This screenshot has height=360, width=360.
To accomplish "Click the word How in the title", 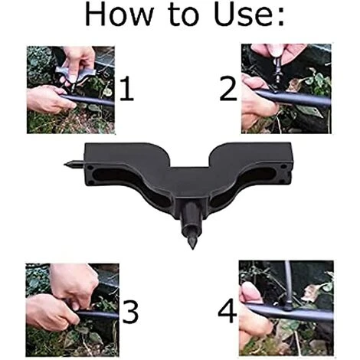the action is (x=119, y=15).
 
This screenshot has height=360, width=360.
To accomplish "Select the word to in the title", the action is (x=184, y=16).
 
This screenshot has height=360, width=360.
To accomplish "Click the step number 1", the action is (x=126, y=89).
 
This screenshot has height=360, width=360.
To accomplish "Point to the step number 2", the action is (x=228, y=89).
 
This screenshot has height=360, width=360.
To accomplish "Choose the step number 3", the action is (x=130, y=312).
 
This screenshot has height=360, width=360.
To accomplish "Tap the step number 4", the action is (x=227, y=311).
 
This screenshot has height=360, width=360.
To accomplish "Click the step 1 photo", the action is (x=70, y=90).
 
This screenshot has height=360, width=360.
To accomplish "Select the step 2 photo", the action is (x=286, y=89).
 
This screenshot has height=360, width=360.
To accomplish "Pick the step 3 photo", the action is (x=72, y=310).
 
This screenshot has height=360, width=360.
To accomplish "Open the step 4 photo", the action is (x=286, y=308).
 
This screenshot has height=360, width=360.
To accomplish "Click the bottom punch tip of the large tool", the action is (x=192, y=248).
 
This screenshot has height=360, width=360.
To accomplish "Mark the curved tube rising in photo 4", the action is (x=288, y=283).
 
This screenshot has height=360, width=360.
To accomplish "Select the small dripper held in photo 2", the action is (x=277, y=70).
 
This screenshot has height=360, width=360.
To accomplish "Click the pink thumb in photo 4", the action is (x=250, y=293).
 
